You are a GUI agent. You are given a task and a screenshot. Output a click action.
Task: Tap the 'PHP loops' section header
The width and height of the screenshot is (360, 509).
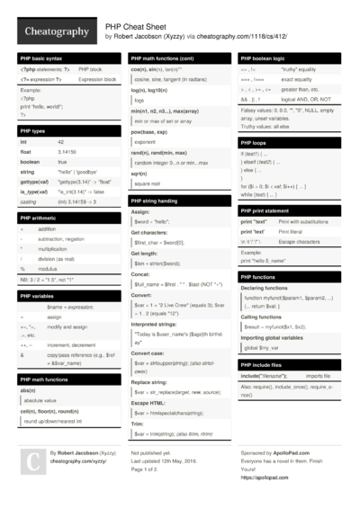256,141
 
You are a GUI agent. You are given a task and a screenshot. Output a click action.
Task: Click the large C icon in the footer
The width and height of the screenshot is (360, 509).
32,461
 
